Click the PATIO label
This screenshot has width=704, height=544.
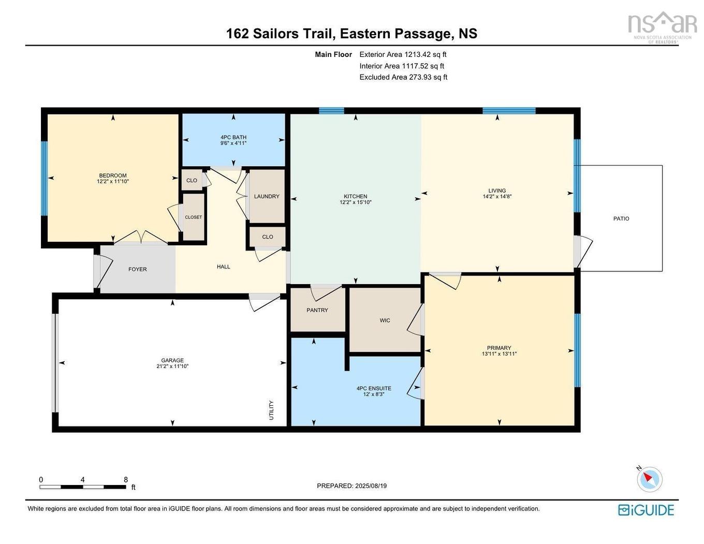click(621, 218)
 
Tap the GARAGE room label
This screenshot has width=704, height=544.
click(172, 360)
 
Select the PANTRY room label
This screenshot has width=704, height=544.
click(317, 310)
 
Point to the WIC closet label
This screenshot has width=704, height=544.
click(385, 320)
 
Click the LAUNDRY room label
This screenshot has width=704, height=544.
click(267, 196)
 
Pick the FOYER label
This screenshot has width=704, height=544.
click(138, 269)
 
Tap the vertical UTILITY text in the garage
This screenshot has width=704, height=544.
click(271, 410)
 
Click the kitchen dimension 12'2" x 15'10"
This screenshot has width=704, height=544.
click(356, 202)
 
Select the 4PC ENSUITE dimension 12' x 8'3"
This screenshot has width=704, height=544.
click(374, 394)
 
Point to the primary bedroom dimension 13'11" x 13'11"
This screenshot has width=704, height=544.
click(499, 354)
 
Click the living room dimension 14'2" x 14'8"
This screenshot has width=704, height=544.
click(497, 197)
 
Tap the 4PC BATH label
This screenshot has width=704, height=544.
click(233, 137)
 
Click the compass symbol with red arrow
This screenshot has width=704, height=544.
click(650, 479)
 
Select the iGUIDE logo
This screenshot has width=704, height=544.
click(646, 510)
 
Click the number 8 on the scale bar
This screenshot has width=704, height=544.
click(126, 480)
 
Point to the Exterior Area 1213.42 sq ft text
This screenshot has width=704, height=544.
click(403, 54)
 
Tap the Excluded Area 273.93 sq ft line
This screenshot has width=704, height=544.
click(403, 77)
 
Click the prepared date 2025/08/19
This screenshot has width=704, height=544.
click(351, 486)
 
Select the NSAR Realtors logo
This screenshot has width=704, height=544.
click(662, 27)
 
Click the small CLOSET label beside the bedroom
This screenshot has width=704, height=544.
click(194, 217)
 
